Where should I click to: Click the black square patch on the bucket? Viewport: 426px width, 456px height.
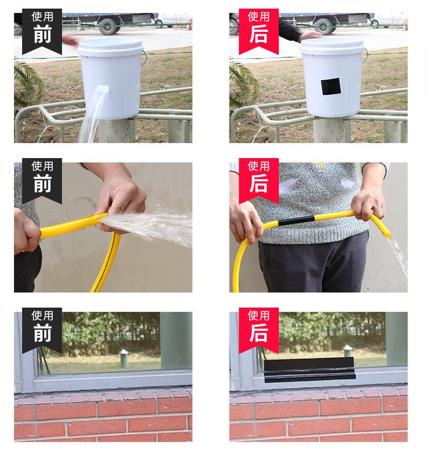(x=331, y=86)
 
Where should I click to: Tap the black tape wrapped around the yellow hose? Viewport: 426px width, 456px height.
(x=296, y=221)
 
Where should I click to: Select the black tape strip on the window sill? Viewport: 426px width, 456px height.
(x=310, y=370)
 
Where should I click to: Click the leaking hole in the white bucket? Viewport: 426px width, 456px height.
(x=102, y=88)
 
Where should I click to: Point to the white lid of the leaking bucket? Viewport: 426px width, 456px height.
(x=110, y=47)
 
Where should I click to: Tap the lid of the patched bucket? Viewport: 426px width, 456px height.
(x=332, y=47)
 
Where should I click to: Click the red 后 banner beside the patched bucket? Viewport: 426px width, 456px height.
(x=258, y=31)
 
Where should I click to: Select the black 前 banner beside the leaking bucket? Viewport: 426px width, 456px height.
(x=42, y=31)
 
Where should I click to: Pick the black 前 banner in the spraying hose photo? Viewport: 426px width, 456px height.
(x=42, y=180)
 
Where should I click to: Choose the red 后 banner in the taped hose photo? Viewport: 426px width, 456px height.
(x=258, y=180)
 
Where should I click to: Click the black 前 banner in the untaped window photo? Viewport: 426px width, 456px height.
(x=42, y=330)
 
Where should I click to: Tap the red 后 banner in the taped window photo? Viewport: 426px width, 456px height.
(x=258, y=330)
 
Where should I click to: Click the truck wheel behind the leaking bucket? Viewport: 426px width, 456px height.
(x=108, y=27)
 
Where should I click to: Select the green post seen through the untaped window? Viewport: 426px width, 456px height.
(x=124, y=358)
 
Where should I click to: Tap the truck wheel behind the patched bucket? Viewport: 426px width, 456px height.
(x=324, y=27)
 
